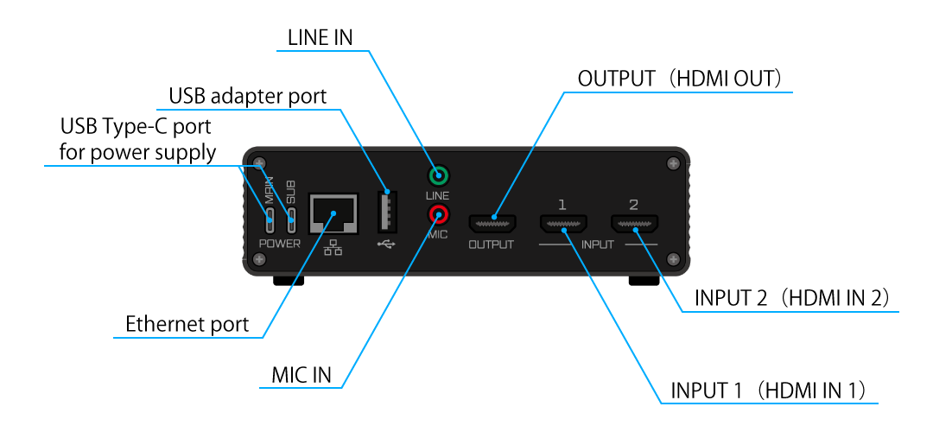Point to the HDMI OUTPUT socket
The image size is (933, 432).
pyautogui.click(x=492, y=223)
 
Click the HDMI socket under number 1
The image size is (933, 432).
pyautogui.click(x=562, y=225)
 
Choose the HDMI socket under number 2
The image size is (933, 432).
pyautogui.click(x=634, y=225)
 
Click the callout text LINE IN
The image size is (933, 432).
pyautogui.click(x=319, y=37)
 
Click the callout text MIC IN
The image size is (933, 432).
pyautogui.click(x=301, y=377)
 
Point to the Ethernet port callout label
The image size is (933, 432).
pyautogui.click(x=187, y=325)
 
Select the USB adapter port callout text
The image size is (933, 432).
pyautogui.click(x=248, y=95)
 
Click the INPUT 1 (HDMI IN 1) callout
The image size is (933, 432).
pyautogui.click(x=768, y=390)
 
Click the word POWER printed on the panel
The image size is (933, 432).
pyautogui.click(x=280, y=244)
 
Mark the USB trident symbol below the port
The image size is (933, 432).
pyautogui.click(x=385, y=244)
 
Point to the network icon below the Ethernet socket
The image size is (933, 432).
pyautogui.click(x=333, y=247)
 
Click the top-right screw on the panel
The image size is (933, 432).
pyautogui.click(x=673, y=163)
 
